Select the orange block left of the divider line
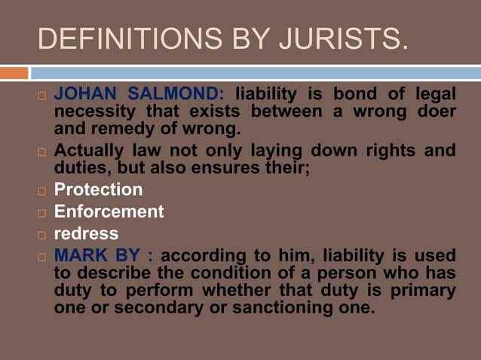(14, 73)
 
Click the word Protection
(98, 189)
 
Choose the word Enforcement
(109, 212)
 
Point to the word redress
(86, 233)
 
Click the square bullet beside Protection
(42, 191)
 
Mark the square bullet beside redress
(42, 235)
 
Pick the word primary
(421, 289)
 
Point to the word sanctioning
(273, 307)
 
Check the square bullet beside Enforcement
(42, 213)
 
